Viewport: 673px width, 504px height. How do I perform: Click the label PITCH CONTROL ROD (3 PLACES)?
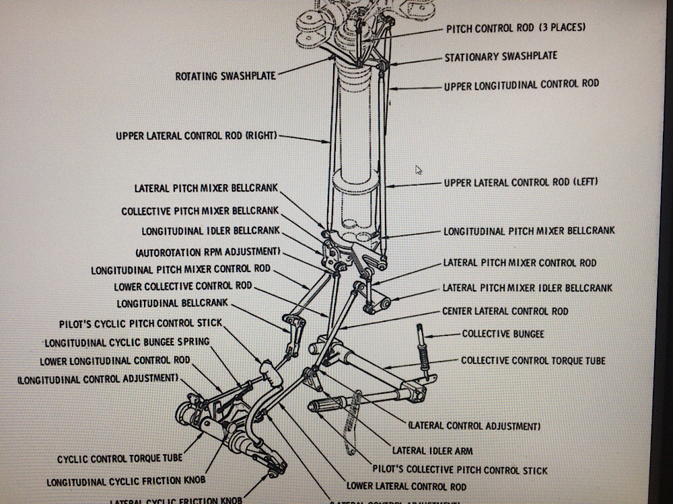pyautogui.click(x=516, y=28)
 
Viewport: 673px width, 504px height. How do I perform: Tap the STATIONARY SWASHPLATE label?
pyautogui.click(x=500, y=57)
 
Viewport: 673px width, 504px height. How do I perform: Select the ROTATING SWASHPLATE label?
pyautogui.click(x=225, y=76)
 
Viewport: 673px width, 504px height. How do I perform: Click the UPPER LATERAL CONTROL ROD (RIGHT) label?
pyautogui.click(x=196, y=136)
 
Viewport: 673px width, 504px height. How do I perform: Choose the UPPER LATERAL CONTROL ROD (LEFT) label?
pyautogui.click(x=521, y=183)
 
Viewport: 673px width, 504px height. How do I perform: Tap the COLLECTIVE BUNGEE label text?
pyautogui.click(x=503, y=334)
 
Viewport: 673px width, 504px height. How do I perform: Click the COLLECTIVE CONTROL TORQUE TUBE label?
pyautogui.click(x=533, y=361)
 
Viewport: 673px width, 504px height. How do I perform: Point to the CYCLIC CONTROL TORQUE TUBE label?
pyautogui.click(x=119, y=459)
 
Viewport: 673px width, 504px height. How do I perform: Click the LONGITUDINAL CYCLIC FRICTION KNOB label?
pyautogui.click(x=126, y=482)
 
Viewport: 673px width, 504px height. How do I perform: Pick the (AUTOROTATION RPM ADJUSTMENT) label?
pyautogui.click(x=207, y=252)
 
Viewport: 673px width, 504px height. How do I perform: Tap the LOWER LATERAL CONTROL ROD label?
pyautogui.click(x=406, y=486)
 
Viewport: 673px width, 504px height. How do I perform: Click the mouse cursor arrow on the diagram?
pyautogui.click(x=419, y=169)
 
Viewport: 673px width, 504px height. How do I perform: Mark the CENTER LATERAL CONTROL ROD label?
pyautogui.click(x=505, y=311)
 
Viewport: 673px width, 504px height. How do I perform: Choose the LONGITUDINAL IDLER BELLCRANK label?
pyautogui.click(x=209, y=231)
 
